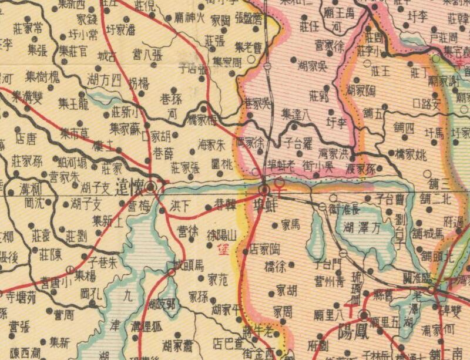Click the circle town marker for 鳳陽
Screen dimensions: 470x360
pyautogui.click(x=364, y=315)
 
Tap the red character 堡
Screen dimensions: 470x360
pyautogui.click(x=221, y=248)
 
